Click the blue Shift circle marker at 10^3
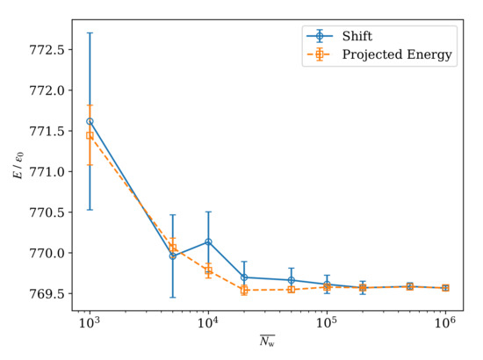(89, 121)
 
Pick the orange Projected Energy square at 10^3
(89, 135)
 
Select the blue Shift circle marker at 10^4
(208, 241)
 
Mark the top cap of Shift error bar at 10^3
(89, 32)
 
